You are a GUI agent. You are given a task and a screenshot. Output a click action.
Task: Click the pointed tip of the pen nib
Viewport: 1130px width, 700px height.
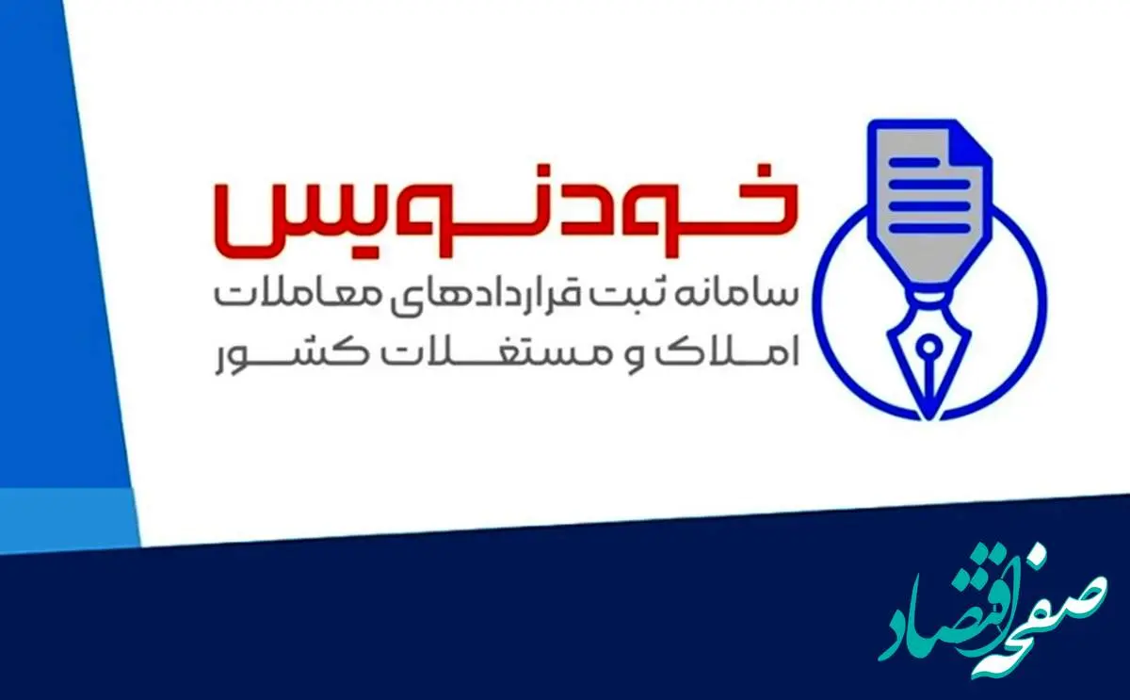click(928, 418)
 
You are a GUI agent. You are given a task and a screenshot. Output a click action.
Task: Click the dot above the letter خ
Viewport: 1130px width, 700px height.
click(767, 171)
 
